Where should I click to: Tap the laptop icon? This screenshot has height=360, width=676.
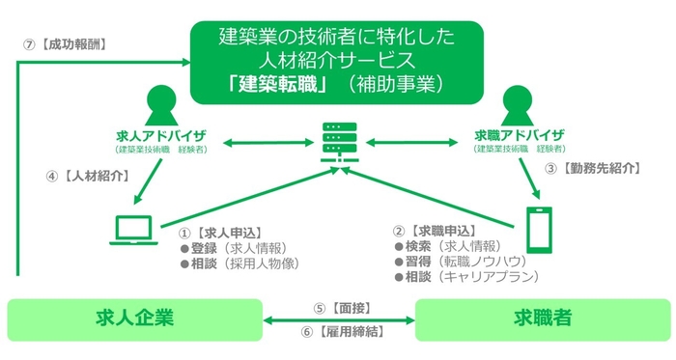click(131, 230)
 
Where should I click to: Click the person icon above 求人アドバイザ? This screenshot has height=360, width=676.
click(161, 105)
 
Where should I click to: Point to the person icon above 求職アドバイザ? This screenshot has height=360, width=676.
click(519, 105)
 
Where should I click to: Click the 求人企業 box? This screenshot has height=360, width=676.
click(134, 318)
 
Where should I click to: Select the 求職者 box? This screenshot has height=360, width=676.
click(541, 318)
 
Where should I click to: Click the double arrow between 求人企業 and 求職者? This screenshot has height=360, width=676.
click(339, 319)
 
